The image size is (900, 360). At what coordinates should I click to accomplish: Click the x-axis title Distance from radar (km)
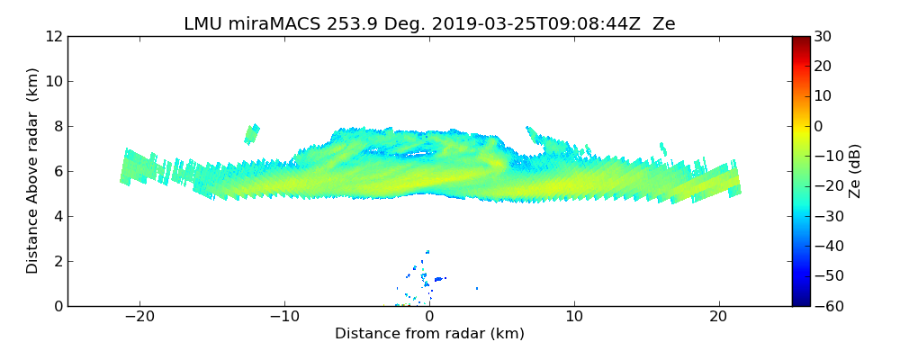coord(429,334)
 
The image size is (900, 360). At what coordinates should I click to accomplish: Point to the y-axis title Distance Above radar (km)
coord(33,170)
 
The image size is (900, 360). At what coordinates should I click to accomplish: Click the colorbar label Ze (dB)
coord(855,171)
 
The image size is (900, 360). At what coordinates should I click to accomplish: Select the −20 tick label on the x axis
coord(139,317)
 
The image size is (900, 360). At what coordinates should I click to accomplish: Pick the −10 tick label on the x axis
coord(284,317)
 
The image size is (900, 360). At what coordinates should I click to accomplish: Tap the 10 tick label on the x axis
coord(574,317)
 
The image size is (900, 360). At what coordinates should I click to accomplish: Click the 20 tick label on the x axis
coord(719,317)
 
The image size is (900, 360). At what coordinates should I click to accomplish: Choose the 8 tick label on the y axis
coord(57,126)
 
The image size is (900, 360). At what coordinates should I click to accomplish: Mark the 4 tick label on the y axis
coord(57,216)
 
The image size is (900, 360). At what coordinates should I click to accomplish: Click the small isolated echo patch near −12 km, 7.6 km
coord(252,134)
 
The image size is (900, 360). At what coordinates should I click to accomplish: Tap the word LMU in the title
coord(202,24)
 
